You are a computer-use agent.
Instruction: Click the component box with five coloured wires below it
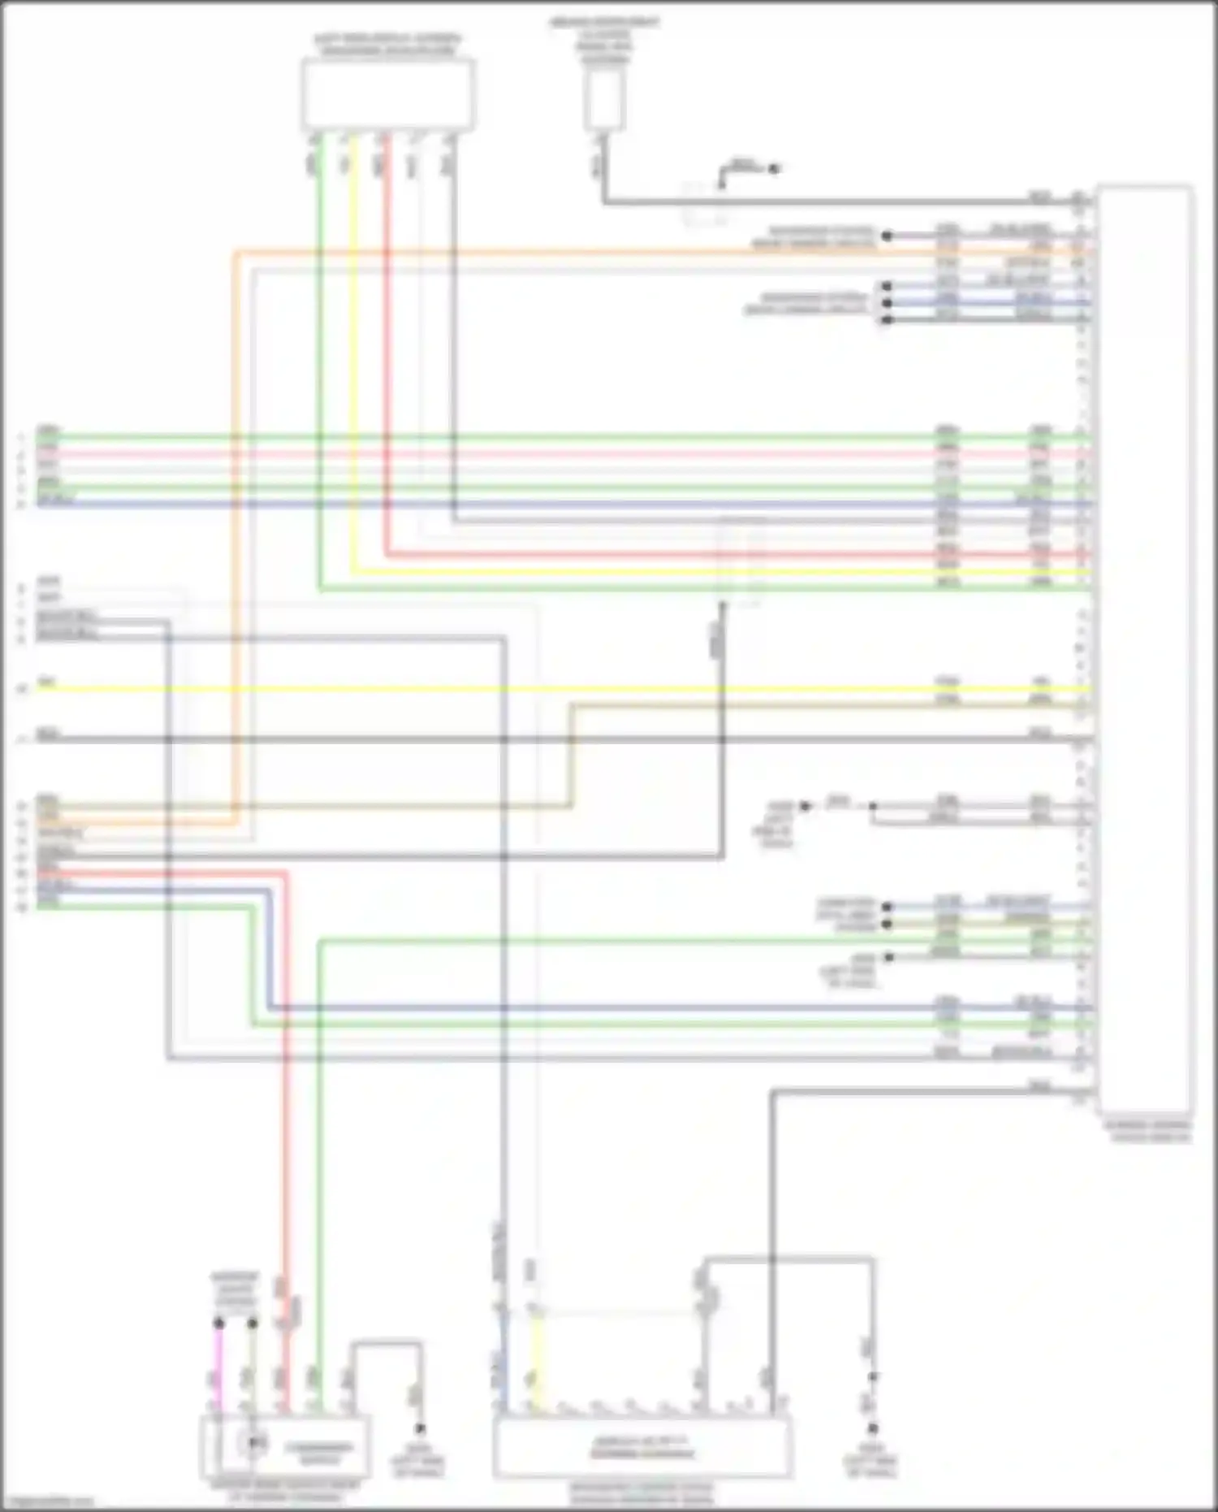tap(388, 94)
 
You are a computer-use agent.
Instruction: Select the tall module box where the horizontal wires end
tap(1145, 650)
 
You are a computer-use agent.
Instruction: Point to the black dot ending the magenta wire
tap(218, 1324)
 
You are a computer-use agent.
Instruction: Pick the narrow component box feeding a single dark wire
tap(604, 101)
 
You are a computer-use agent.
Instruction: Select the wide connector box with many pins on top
tap(641, 1446)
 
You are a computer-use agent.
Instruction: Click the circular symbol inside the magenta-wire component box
tap(254, 1442)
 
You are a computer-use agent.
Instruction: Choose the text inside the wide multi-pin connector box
tap(641, 1448)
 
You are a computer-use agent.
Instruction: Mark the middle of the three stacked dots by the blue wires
tap(887, 303)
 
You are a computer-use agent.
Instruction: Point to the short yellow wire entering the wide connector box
tap(536, 1357)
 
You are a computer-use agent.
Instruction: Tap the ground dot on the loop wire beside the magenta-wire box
tap(420, 1428)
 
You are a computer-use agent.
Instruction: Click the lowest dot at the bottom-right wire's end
tap(873, 1428)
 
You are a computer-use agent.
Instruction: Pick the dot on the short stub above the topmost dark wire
tap(774, 169)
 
